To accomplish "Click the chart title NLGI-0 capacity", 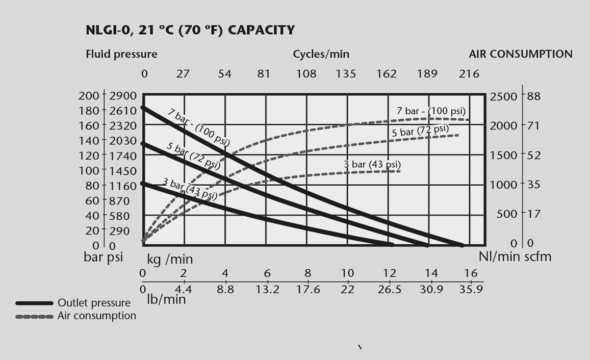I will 190,31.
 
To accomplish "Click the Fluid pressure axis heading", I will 121,54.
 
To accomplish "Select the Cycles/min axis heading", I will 321,54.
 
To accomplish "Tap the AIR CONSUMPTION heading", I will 520,54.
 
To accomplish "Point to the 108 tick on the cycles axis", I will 306,74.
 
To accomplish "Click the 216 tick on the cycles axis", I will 469,74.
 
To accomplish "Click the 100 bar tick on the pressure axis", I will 89,170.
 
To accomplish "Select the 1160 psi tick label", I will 123,186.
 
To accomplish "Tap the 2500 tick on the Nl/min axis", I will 503,96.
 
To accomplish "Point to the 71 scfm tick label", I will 534,125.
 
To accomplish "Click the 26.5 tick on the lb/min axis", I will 390,290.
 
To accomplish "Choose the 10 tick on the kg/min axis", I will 348,273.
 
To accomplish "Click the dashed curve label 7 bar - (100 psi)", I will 431,111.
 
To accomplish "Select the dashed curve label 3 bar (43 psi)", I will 372,165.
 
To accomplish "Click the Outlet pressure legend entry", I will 94,303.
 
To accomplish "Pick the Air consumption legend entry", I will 96,316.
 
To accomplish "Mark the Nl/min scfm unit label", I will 515,256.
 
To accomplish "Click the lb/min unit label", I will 167,299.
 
